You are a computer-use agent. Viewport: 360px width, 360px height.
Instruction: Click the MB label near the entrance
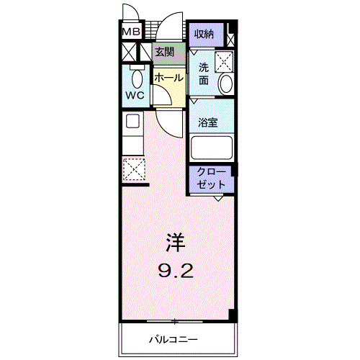[130, 32]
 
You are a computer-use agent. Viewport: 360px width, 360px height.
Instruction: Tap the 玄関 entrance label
[164, 52]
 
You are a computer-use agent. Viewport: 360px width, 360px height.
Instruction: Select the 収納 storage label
[204, 33]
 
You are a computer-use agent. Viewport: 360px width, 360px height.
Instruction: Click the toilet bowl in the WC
[137, 77]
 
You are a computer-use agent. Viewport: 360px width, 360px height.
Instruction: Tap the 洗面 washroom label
[204, 73]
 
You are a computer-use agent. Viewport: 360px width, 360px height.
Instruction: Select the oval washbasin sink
[225, 84]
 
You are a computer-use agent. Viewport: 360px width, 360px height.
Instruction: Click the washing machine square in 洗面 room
[226, 60]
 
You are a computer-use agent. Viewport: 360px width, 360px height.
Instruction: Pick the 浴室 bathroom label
[209, 122]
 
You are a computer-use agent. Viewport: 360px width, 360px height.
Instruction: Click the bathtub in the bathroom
[212, 148]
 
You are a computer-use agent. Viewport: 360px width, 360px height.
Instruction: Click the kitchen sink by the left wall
[132, 122]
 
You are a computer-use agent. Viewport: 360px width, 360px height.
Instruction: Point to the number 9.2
[175, 271]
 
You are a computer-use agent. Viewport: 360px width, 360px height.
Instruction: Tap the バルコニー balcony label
[174, 338]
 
